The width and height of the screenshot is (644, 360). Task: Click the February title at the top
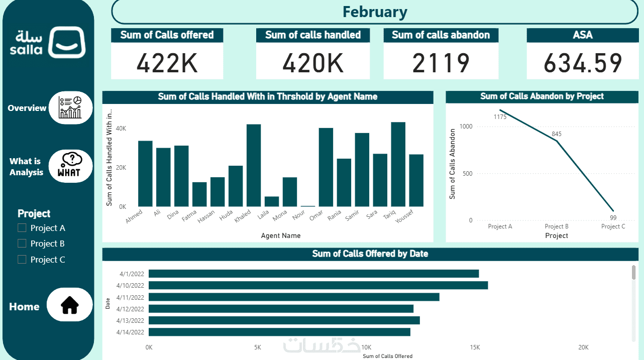374,12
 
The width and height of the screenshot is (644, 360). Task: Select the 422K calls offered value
167,63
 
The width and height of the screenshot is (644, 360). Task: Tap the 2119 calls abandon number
441,63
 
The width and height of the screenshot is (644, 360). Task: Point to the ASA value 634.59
583,63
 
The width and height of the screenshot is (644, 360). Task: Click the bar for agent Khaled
254,165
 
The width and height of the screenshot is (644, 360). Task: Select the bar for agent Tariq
398,164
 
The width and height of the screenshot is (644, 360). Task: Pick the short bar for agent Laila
272,201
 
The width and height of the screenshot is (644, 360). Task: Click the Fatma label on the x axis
189,216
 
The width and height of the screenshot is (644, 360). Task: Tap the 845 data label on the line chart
556,134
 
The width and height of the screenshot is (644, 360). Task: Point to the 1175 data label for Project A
500,117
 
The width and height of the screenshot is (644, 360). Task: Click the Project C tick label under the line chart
613,226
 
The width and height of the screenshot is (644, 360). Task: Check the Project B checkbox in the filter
22,244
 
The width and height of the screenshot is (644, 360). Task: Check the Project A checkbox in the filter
22,228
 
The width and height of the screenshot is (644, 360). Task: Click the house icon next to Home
70,305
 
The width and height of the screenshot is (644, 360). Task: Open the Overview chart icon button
70,107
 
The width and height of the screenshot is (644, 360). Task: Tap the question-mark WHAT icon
70,166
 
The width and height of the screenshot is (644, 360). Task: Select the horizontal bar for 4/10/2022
318,285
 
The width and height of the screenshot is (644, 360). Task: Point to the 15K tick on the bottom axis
475,347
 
